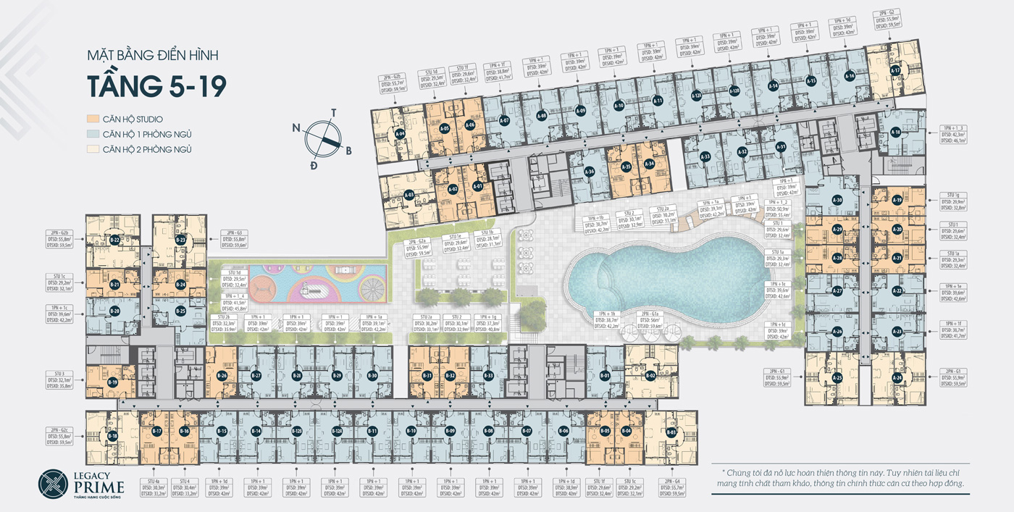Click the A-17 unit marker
(895, 70)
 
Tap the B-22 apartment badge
(114, 239)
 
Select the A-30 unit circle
(837, 200)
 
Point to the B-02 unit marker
(650, 376)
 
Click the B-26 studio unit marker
(223, 376)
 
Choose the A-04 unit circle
(400, 133)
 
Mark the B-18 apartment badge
(113, 436)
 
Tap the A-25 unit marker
(837, 377)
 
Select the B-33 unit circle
(488, 376)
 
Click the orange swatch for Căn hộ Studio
(92, 119)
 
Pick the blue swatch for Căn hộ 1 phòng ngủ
(92, 134)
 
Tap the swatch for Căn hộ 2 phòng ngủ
(92, 149)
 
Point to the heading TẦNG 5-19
(156, 85)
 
